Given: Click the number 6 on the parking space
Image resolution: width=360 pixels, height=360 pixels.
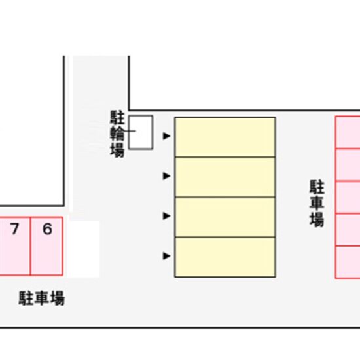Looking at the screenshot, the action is (x=48, y=228).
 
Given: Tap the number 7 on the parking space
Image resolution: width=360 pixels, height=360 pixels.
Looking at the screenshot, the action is (x=14, y=228).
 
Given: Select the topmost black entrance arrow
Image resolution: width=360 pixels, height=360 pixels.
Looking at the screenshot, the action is (x=166, y=136).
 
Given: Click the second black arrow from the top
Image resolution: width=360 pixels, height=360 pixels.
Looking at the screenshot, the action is (x=166, y=176).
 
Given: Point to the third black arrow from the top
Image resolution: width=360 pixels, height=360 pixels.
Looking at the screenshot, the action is (x=166, y=216).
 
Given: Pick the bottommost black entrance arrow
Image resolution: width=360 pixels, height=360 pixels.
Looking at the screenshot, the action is (x=166, y=256).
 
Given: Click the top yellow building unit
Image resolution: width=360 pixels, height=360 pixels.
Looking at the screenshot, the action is (x=225, y=137).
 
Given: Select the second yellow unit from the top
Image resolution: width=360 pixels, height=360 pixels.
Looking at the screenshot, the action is (x=225, y=177).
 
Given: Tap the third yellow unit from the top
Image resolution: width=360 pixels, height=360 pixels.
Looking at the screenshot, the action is (x=225, y=217).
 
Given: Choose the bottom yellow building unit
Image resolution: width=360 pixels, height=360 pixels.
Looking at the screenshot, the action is (x=225, y=257).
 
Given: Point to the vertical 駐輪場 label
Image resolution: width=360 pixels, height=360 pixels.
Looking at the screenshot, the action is (x=117, y=134).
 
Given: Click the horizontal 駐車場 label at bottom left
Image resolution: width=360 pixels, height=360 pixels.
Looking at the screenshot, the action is (x=42, y=298).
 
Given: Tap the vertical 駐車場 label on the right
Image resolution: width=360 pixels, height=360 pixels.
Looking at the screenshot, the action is (x=317, y=204).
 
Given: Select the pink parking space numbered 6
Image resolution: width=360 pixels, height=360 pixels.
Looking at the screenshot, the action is (x=46, y=245).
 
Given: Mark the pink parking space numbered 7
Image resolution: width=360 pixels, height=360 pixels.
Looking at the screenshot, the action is (x=15, y=245).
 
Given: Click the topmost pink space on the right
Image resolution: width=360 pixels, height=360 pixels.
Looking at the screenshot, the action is (x=348, y=132).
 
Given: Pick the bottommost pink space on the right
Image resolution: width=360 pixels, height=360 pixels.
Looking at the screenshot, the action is (x=348, y=262).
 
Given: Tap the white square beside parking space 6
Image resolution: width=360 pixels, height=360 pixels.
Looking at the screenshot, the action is (x=84, y=249).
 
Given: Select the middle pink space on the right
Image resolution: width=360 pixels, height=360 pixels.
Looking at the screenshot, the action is (x=348, y=198).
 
